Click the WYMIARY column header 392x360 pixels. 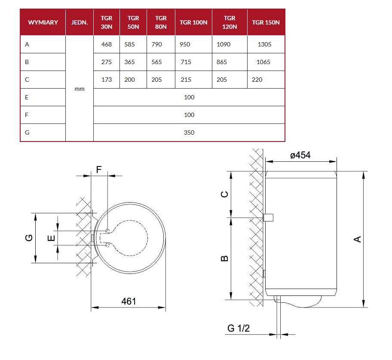tap(43, 22)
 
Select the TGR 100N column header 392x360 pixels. tap(193, 22)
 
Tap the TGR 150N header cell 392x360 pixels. tap(266, 22)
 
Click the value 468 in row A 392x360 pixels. tap(107, 44)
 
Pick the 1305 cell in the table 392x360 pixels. tap(264, 44)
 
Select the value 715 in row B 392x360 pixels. tap(186, 62)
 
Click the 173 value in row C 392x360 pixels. tap(107, 80)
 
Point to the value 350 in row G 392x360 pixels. tap(189, 132)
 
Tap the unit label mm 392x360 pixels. tap(80, 89)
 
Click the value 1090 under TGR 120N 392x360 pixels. tap(224, 44)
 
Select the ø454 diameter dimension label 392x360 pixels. tap(300, 155)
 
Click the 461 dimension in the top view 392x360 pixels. tap(129, 301)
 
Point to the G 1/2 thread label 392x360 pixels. tap(239, 328)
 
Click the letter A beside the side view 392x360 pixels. tap(358, 239)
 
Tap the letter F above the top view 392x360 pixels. tap(99, 169)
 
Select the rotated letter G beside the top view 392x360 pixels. tap(29, 237)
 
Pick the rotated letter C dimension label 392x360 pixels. tap(225, 194)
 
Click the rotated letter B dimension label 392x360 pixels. tap(225, 258)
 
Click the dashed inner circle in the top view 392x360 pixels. tap(147, 238)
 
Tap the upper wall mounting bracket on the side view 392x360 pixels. tap(268, 218)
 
